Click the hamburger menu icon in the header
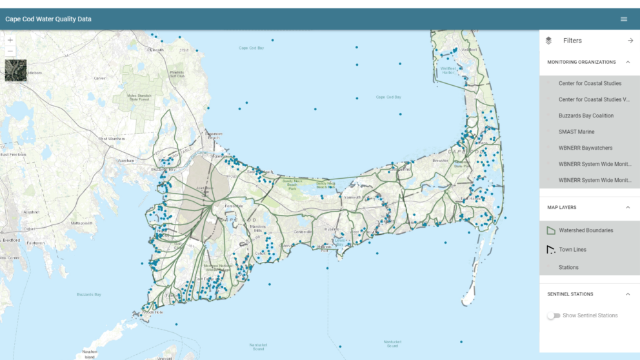coord(624,19)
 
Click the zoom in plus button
coord(10,40)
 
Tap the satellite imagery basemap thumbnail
coord(15,70)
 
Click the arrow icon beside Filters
coord(630,41)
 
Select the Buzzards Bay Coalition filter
coord(586,116)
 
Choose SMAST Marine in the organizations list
coord(576,132)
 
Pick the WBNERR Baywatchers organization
coord(585,148)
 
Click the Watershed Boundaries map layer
coord(585,230)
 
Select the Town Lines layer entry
coord(572,250)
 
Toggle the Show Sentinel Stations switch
coord(554,315)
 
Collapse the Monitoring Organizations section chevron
coord(628,62)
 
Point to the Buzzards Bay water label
coord(89,295)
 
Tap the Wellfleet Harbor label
coord(448,70)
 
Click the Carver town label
coord(99,78)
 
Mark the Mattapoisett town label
coord(82,223)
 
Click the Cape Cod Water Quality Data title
coord(48,19)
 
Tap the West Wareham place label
coord(112,139)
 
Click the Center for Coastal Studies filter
coord(590,83)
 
